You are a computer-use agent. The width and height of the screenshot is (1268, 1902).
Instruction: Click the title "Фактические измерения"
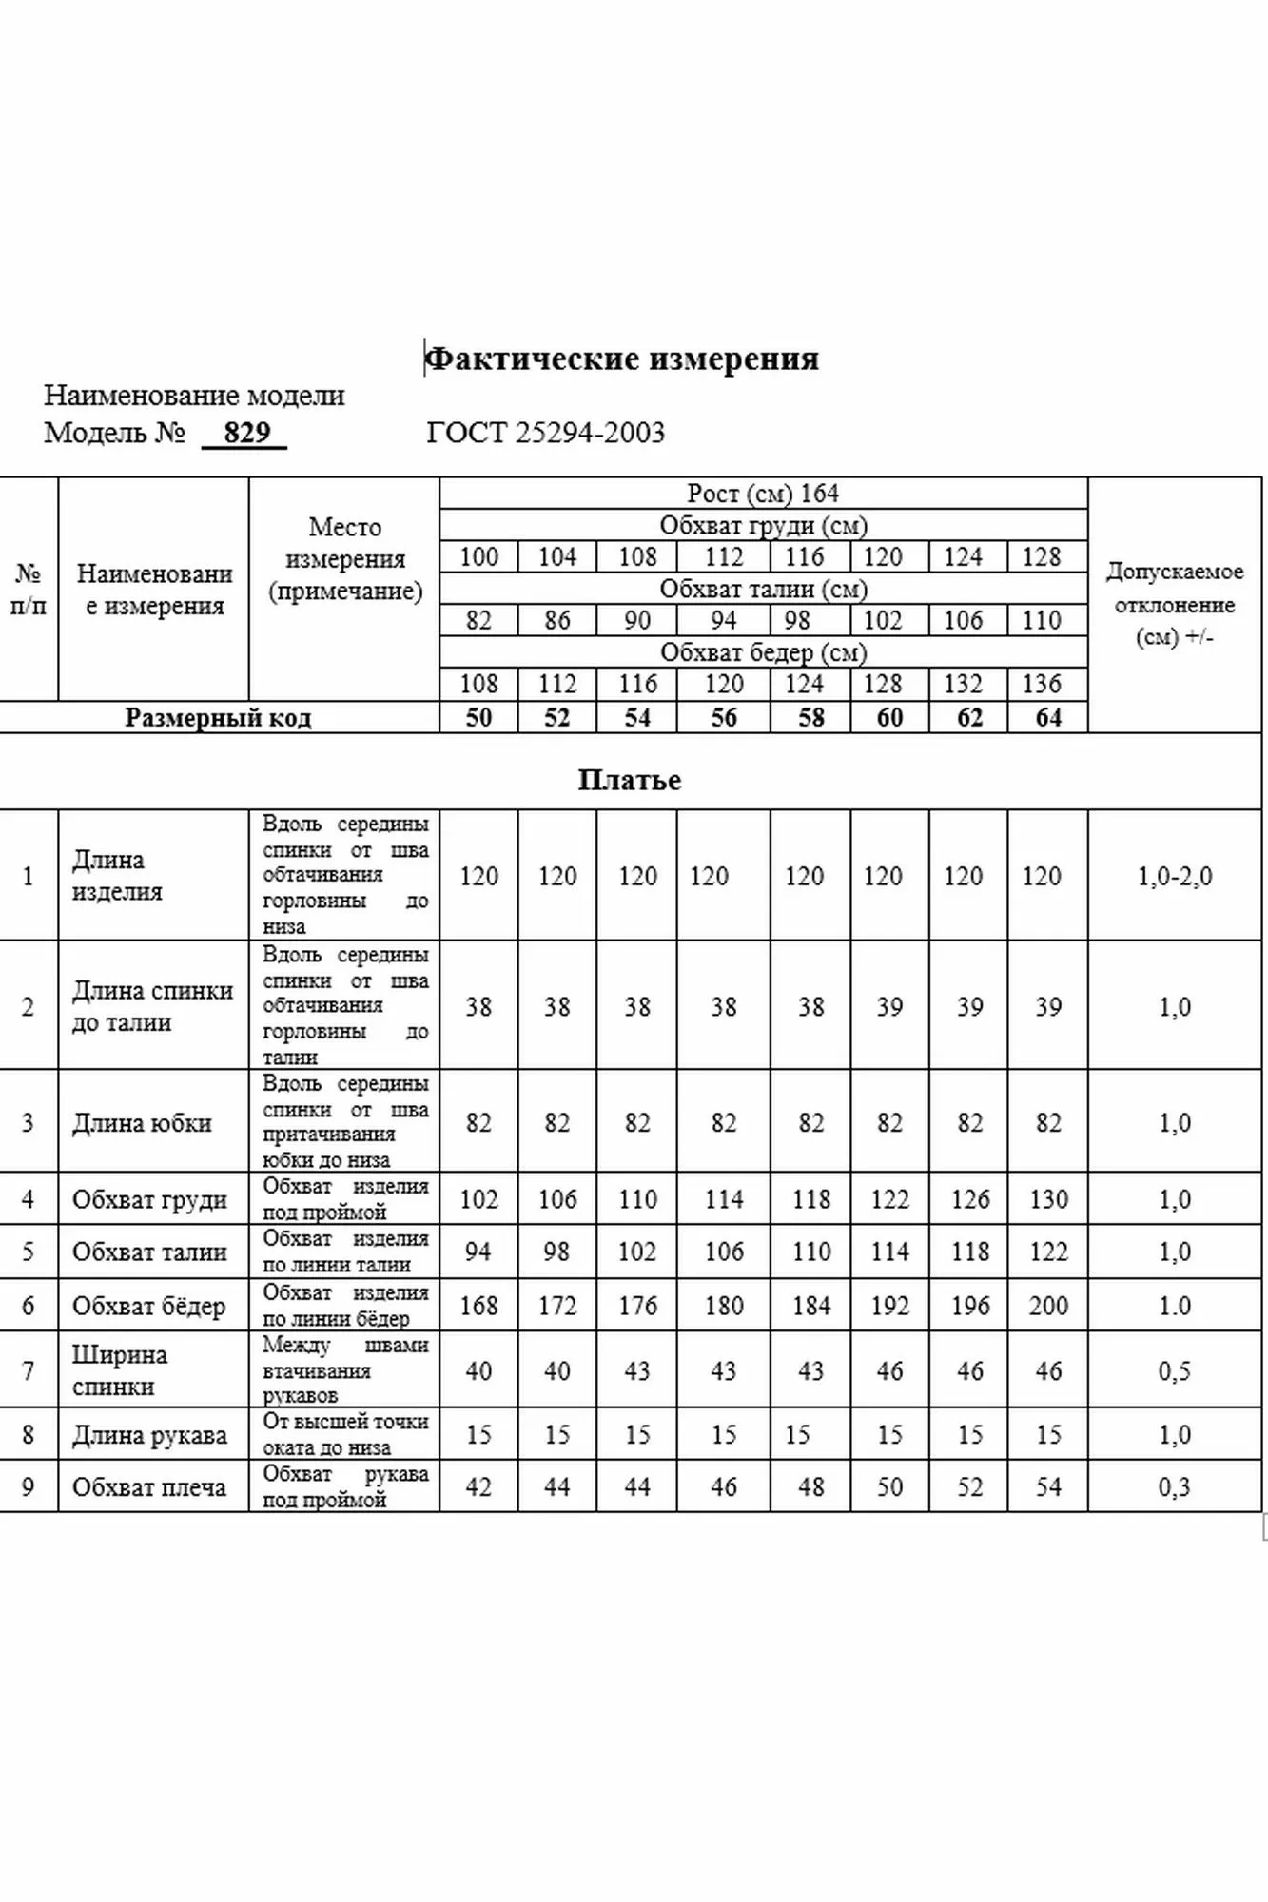(621, 359)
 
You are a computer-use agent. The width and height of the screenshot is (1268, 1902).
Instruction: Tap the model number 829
(246, 433)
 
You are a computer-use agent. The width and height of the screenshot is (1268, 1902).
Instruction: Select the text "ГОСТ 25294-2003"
(545, 433)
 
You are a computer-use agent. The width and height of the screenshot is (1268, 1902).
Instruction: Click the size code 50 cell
(478, 718)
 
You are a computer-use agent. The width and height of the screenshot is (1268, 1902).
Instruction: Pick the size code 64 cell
(1047, 718)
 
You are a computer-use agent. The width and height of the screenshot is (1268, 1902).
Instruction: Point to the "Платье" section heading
(630, 781)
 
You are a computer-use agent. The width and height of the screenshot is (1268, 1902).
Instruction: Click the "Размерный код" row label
(218, 718)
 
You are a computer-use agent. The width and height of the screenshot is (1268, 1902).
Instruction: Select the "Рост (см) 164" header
(763, 494)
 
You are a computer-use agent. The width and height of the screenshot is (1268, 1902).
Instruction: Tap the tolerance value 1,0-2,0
(1175, 876)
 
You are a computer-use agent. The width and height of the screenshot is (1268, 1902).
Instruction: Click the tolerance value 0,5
(1175, 1371)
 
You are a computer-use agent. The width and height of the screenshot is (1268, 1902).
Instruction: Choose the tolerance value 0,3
(1175, 1487)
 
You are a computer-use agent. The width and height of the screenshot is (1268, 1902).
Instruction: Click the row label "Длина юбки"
(142, 1123)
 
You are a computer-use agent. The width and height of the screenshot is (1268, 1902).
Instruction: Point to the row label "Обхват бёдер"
(148, 1306)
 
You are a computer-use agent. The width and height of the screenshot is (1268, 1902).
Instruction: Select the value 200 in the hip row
(1047, 1306)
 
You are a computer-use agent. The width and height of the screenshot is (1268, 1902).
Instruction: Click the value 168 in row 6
(478, 1306)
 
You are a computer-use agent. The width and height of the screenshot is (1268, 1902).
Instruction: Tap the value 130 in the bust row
(1047, 1199)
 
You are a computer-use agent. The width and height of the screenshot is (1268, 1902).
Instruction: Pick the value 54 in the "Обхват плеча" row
(1047, 1487)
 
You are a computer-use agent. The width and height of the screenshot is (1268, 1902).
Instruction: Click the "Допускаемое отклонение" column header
(1175, 604)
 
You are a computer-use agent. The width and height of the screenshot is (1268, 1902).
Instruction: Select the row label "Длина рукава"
(149, 1435)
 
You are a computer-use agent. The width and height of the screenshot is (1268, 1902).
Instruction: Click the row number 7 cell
(28, 1371)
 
